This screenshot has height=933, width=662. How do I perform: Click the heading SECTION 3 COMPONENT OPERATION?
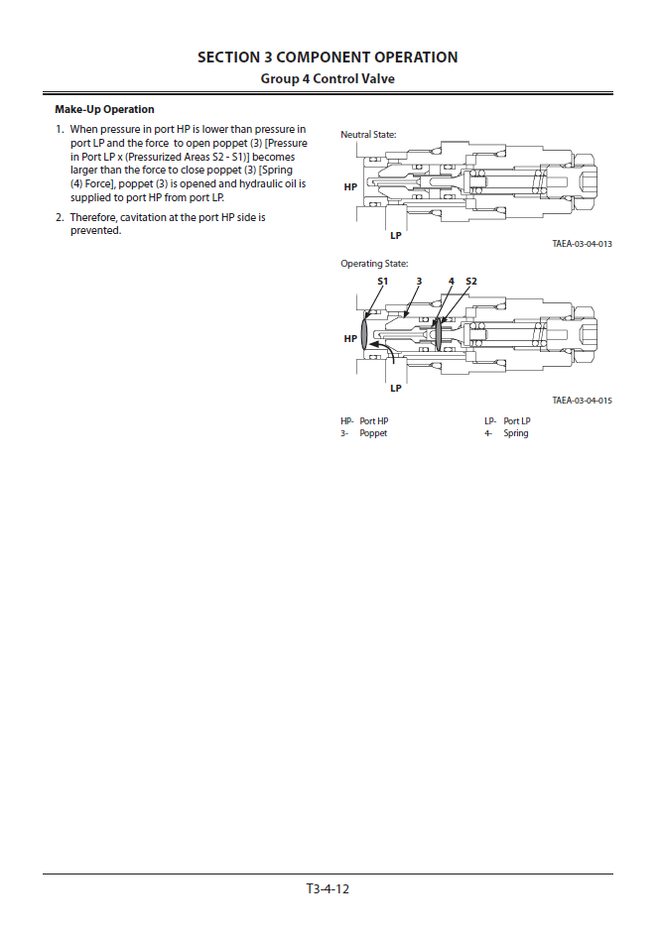click(328, 58)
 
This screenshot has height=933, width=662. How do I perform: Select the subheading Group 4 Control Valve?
click(328, 78)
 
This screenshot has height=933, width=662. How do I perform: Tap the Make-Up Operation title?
click(105, 109)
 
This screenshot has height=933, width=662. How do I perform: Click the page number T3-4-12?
click(328, 888)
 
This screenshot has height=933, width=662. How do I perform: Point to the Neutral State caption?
click(368, 134)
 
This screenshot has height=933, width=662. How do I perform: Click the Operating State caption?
click(374, 264)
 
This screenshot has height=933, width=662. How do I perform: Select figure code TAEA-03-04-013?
click(583, 244)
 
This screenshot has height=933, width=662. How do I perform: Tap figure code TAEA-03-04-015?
click(583, 401)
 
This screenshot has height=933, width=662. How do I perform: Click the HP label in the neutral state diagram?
click(350, 186)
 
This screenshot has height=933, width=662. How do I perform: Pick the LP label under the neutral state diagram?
click(396, 236)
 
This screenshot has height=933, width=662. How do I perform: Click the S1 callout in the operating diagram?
click(382, 282)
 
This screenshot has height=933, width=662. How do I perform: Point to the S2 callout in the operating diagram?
click(471, 282)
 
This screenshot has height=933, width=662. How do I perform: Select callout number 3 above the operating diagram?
click(419, 282)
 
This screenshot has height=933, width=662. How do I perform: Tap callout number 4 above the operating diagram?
click(451, 282)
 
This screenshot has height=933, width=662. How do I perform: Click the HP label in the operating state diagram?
click(350, 339)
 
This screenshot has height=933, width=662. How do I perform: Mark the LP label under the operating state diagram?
click(396, 388)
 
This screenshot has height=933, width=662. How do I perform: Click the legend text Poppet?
click(373, 433)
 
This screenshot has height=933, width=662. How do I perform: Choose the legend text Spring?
click(516, 433)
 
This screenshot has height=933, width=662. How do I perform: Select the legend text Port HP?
click(374, 421)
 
